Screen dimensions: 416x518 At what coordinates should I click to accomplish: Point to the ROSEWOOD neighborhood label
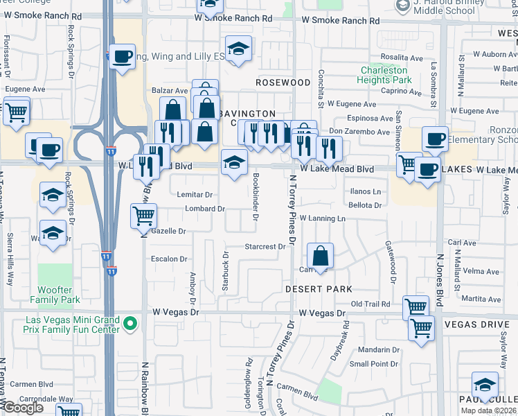[283, 83]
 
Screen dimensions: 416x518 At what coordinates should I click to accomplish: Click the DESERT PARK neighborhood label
[319, 288]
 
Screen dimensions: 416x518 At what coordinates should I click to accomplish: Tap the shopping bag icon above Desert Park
[320, 256]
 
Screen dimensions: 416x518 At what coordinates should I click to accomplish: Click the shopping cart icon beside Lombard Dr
[143, 216]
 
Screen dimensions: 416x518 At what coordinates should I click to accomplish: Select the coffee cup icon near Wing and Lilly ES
[122, 57]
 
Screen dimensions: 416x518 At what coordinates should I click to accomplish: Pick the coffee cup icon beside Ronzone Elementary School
[435, 139]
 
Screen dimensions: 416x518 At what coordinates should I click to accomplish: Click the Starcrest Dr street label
[266, 247]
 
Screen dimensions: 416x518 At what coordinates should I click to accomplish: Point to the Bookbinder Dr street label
[256, 193]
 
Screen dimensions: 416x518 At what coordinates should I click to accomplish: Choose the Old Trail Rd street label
[370, 304]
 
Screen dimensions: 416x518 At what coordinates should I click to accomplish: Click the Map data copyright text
[489, 410]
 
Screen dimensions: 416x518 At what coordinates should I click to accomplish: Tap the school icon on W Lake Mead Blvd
[234, 164]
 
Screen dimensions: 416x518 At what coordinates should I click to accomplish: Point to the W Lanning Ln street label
[322, 218]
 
